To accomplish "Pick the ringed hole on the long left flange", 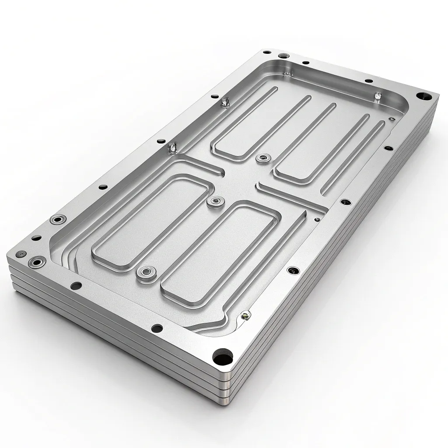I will [x=56, y=219].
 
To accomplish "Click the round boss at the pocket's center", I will [x=214, y=201].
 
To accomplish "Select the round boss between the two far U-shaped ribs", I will [x=262, y=157].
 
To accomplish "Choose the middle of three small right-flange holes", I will [x=346, y=202].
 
